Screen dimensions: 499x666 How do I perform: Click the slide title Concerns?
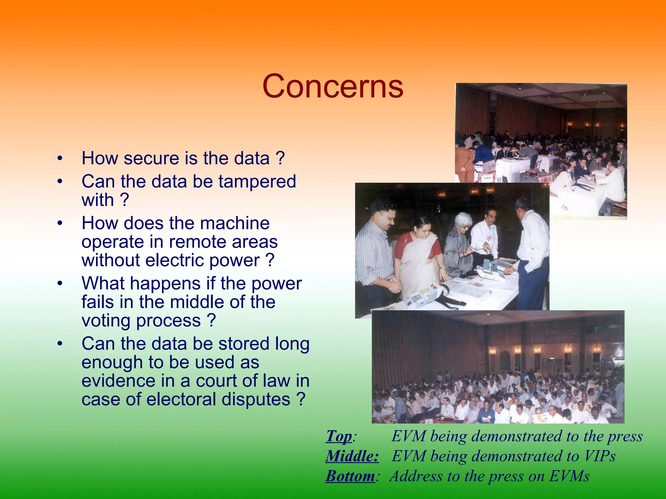coord(333,86)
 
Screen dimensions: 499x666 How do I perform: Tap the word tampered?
coord(257,181)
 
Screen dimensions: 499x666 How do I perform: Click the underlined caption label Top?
coord(339,436)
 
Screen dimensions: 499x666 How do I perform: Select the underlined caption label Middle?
coord(352,456)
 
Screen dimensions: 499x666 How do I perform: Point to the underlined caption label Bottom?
coord(350,476)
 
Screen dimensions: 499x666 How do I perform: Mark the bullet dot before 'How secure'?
coord(59,159)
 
